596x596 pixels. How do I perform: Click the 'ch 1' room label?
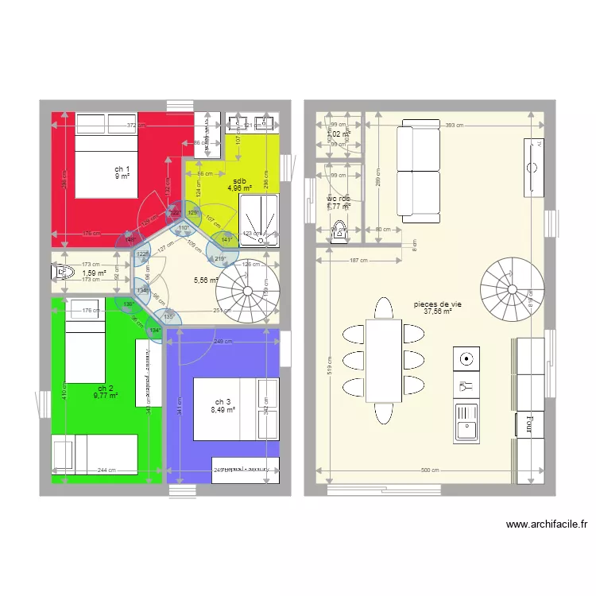coord(122,169)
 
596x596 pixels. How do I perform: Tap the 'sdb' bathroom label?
coord(238,180)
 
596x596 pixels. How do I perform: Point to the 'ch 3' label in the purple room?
coord(223,401)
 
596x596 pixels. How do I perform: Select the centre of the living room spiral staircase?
coord(509,283)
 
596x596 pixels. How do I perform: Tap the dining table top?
coord(382,360)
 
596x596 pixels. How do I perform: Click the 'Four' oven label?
coord(527,424)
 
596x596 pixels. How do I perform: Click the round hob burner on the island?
coord(466,358)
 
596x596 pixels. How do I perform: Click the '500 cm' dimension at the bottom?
coord(430,470)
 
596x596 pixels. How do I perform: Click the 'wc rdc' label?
coord(338,199)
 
